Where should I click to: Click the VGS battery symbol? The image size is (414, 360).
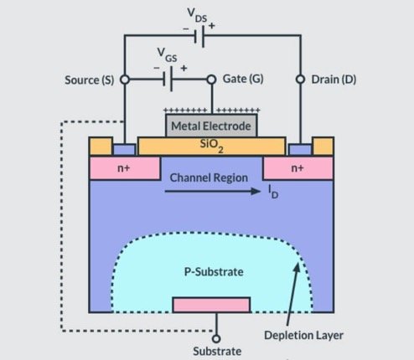coord(169,80)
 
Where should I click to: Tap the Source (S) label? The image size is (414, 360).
coord(89,80)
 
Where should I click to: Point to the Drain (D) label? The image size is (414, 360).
coord(335,80)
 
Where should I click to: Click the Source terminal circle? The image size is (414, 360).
coord(125,80)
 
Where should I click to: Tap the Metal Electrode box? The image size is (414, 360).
coord(211,126)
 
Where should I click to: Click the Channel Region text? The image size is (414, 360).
coord(210,178)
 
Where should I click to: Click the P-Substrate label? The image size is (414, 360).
coord(210,271)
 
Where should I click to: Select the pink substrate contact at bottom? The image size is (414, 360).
coord(210,304)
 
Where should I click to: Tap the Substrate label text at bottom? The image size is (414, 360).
coord(215,352)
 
